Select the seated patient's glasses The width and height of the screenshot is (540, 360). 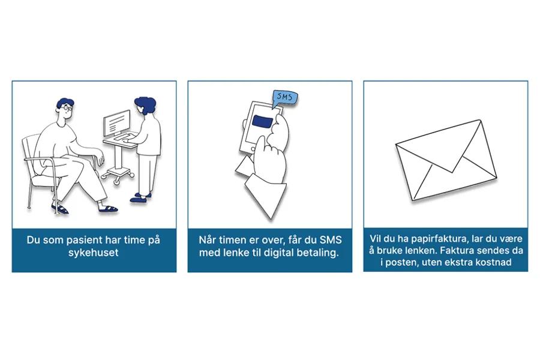(68, 113)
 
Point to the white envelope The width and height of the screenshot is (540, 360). (445, 160)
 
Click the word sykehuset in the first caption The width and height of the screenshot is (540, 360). (94, 253)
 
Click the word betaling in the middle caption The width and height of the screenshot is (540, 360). (320, 253)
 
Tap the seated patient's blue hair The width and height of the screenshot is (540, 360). (65, 104)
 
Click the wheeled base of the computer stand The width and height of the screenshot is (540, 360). (118, 175)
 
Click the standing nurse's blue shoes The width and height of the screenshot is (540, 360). (142, 197)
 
